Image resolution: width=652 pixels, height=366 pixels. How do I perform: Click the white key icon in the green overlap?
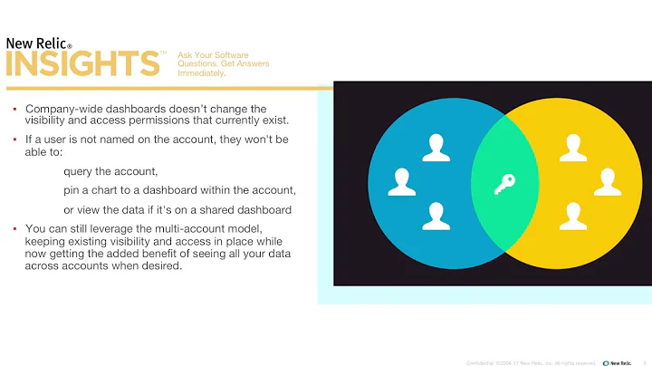point(503,186)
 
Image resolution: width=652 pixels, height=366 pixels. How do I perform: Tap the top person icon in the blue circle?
point(436,148)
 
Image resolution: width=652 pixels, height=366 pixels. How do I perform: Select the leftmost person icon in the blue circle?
point(401,181)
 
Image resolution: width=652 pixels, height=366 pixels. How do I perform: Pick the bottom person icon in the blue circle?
point(436,215)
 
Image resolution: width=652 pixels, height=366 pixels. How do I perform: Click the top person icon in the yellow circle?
point(572,148)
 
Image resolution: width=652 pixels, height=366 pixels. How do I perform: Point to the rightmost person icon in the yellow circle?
point(607,181)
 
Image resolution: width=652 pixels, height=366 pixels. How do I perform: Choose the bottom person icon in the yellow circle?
point(572,215)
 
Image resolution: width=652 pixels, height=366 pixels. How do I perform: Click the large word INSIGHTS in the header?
point(83,64)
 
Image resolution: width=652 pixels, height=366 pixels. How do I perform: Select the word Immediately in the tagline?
point(201,73)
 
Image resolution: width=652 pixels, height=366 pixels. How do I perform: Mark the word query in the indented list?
point(79,171)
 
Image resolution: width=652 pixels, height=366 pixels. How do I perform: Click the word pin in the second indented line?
point(72,190)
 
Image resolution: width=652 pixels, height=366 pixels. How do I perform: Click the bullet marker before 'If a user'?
point(14,140)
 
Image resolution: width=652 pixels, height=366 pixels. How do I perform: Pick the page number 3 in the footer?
point(643,361)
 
